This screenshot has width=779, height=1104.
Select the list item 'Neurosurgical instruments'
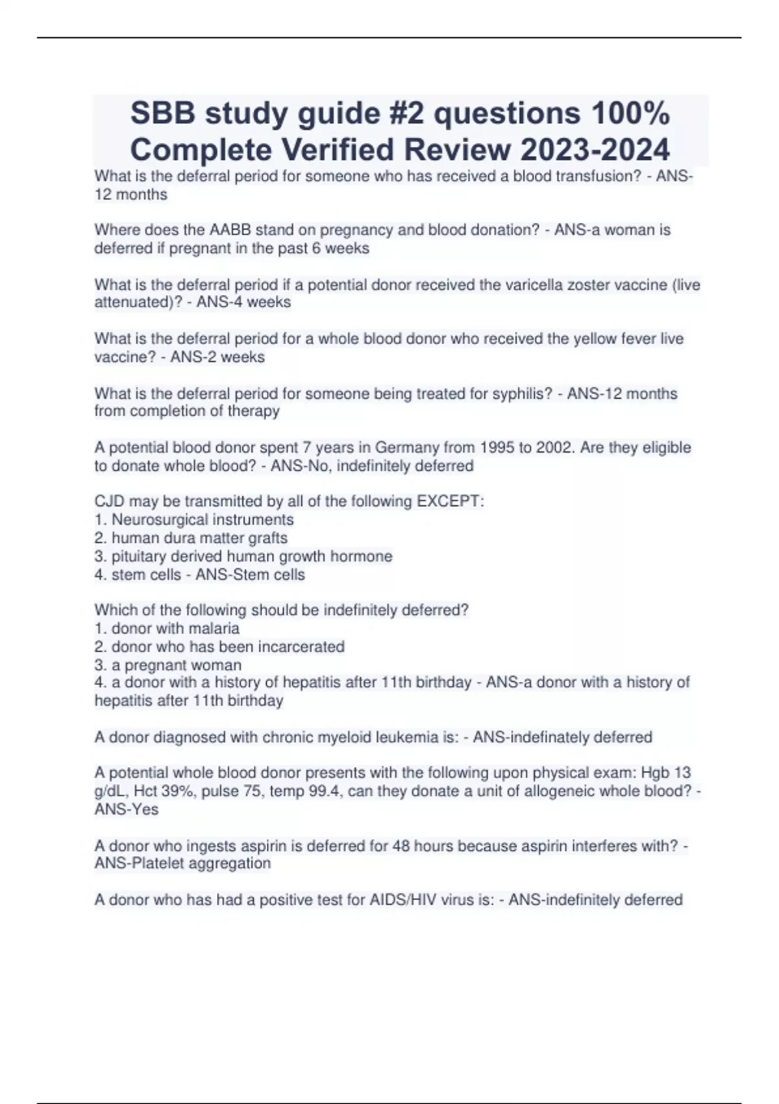[x=203, y=520]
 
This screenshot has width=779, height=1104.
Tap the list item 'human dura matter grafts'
[x=199, y=538]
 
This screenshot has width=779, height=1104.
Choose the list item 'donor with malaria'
[x=175, y=629]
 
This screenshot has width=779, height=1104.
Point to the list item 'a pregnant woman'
[x=176, y=665]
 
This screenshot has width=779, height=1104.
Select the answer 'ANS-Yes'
[x=127, y=809]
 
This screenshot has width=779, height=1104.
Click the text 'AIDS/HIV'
[x=403, y=900]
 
